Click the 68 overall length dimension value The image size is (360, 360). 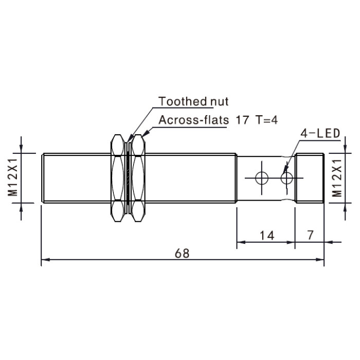182,253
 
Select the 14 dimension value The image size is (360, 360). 267,236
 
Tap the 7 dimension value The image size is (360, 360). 310,235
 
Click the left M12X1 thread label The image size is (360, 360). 13,177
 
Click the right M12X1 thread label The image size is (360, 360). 337,178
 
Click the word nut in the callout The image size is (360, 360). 220,102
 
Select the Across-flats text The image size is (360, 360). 193,120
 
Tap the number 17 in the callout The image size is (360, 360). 242,120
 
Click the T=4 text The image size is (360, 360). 266,120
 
